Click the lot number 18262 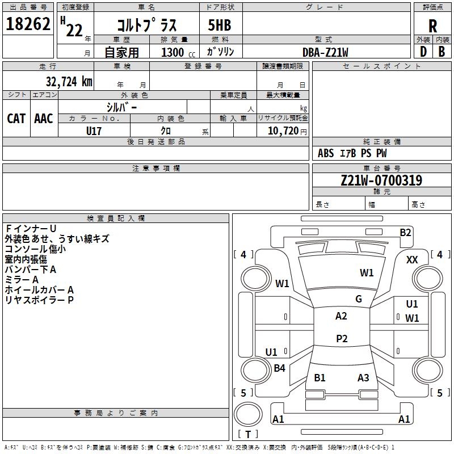tap(28, 26)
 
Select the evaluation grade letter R tap(433, 26)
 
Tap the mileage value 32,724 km tap(69, 81)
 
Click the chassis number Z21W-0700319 tap(381, 181)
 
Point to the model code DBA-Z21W tap(325, 52)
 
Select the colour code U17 tap(94, 131)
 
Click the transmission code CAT tap(16, 118)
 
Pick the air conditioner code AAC tap(44, 118)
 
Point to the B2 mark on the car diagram tap(405, 232)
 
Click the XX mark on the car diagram tap(412, 259)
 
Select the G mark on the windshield tap(359, 299)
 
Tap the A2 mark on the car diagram tap(341, 316)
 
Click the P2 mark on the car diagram tap(342, 339)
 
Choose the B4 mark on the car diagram tap(279, 368)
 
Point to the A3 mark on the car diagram tap(363, 378)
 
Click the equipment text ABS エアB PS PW tap(352, 153)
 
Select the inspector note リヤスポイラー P tap(40, 300)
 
